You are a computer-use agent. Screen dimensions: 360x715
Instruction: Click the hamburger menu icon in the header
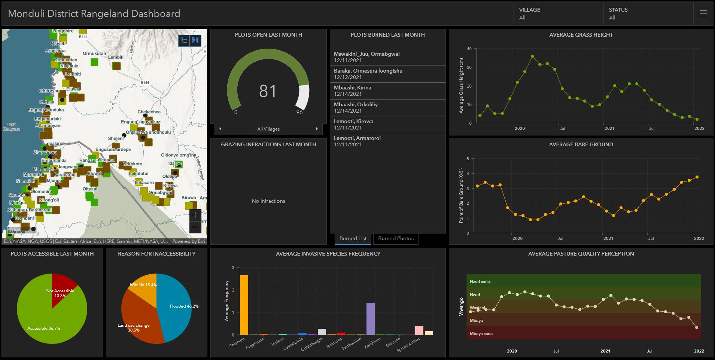click(703, 13)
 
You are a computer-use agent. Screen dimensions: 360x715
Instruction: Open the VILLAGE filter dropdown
click(558, 13)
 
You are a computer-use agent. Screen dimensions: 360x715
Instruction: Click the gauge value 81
click(268, 91)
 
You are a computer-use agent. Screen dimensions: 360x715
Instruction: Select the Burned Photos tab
click(396, 238)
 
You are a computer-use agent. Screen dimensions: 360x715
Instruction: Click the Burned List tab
click(353, 238)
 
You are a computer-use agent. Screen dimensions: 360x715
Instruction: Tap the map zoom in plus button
click(195, 215)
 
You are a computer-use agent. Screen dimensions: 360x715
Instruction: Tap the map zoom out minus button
click(195, 227)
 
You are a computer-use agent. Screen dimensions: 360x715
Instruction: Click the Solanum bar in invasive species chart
click(244, 305)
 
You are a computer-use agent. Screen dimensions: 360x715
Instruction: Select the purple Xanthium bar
click(370, 319)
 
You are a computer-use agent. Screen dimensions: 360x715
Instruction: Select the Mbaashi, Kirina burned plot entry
click(387, 91)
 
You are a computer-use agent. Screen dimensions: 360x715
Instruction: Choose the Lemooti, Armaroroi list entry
click(387, 141)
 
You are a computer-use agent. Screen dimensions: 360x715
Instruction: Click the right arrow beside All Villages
click(317, 129)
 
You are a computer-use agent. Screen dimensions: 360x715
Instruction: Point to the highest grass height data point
click(532, 57)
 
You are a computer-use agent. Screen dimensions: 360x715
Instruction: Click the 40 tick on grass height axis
click(469, 49)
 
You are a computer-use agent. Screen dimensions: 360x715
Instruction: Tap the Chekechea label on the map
click(149, 112)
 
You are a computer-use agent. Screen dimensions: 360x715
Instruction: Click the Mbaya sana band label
click(481, 333)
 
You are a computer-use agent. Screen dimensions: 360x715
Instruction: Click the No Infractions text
click(268, 201)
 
